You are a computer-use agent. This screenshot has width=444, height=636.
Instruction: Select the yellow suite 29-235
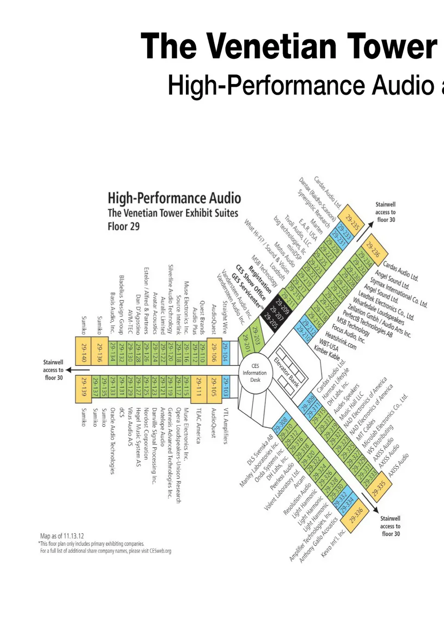coord(352,222)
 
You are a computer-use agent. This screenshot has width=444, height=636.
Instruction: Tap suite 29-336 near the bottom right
coord(356,516)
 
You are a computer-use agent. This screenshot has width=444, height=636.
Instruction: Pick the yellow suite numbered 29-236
coord(373,250)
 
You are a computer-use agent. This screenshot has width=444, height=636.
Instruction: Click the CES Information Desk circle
coord(255,373)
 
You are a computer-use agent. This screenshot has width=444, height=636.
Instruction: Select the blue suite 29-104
coord(225,352)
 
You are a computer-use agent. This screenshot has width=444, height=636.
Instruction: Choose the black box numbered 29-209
coord(282,306)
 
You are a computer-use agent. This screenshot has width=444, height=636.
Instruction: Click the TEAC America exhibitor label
coord(199,425)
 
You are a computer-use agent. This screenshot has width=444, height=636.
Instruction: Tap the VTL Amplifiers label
coord(226,426)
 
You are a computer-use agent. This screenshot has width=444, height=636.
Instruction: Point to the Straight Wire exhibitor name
coord(225,317)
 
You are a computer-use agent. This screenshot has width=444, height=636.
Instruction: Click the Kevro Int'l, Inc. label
coord(333,543)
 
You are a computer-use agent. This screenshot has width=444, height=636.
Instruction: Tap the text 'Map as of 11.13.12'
coord(62,536)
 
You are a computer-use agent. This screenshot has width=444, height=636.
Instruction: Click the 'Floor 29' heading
coord(123,226)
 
